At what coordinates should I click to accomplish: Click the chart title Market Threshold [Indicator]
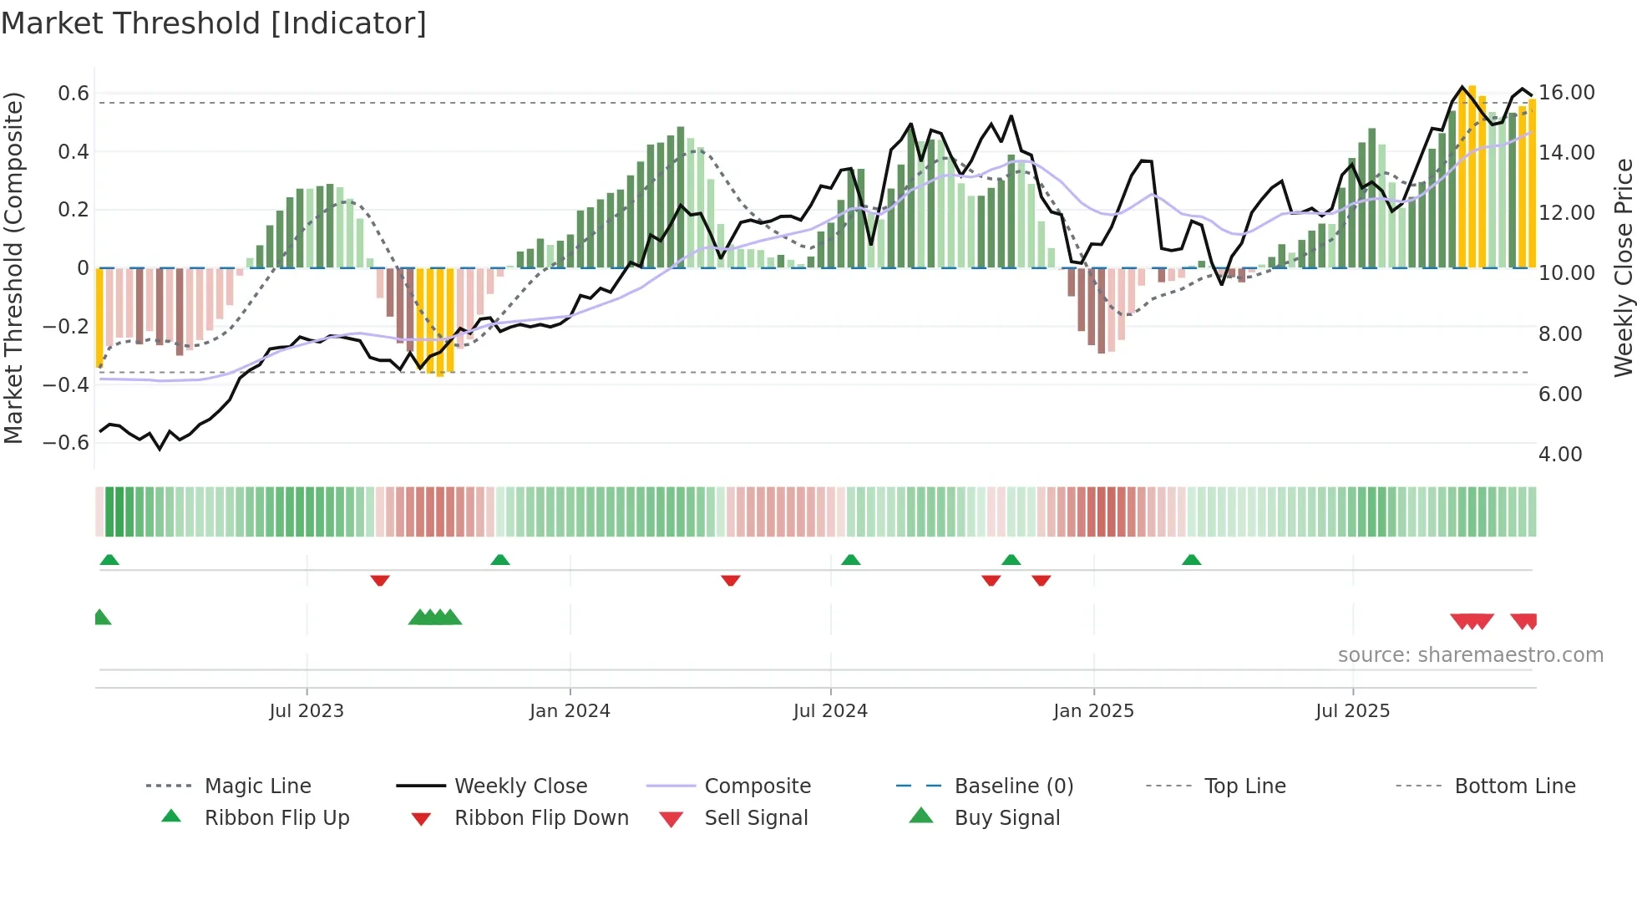pyautogui.click(x=214, y=23)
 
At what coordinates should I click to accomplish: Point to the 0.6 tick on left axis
pyautogui.click(x=73, y=93)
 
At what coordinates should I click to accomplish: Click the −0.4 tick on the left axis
pyautogui.click(x=66, y=384)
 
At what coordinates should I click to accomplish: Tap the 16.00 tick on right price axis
pyautogui.click(x=1567, y=92)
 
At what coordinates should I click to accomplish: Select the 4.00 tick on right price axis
pyautogui.click(x=1560, y=454)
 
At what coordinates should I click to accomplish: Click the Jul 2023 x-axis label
pyautogui.click(x=307, y=710)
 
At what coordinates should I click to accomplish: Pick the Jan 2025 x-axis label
pyautogui.click(x=1093, y=710)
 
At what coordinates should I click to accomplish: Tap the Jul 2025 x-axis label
pyautogui.click(x=1352, y=710)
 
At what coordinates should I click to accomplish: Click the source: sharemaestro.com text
pyautogui.click(x=1470, y=654)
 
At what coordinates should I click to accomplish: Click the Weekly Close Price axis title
pyautogui.click(x=1623, y=267)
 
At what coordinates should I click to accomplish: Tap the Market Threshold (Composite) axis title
pyautogui.click(x=13, y=267)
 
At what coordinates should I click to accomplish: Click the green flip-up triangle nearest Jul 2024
pyautogui.click(x=850, y=560)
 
